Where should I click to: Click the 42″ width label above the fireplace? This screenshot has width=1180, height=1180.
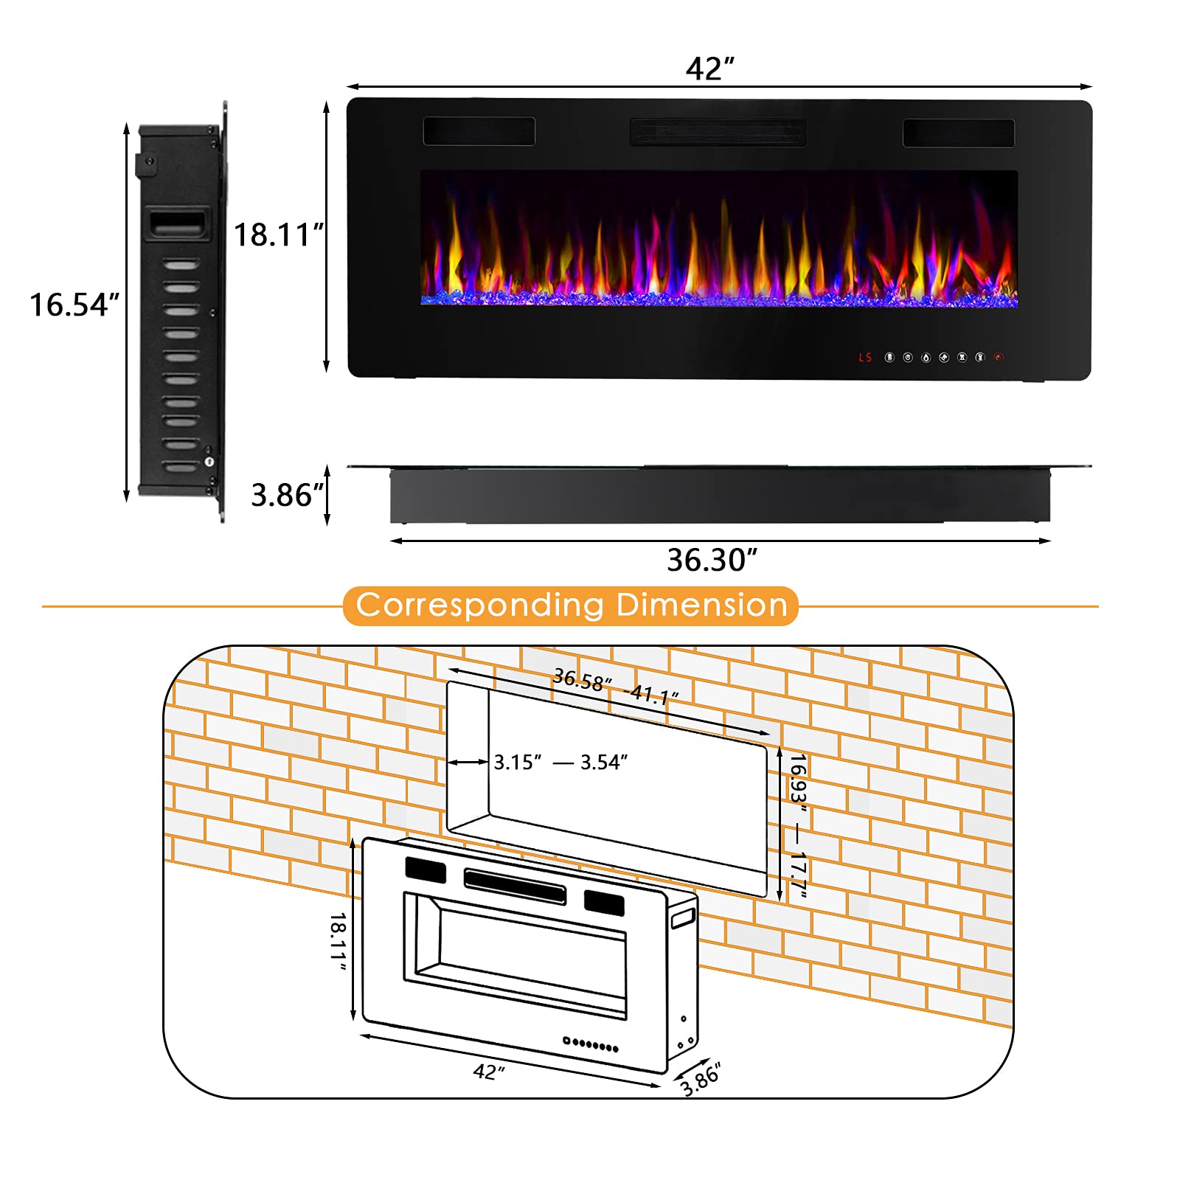(709, 69)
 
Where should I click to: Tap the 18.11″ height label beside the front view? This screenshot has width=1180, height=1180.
(279, 235)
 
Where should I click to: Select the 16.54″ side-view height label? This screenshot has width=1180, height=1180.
(74, 305)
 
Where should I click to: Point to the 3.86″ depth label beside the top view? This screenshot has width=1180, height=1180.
(287, 495)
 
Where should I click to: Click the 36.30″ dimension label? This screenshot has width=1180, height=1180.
(712, 560)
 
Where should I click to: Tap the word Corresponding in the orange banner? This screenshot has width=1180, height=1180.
(480, 605)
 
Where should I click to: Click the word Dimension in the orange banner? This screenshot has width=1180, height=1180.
(702, 605)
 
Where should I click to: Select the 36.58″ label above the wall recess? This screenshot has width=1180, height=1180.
(583, 680)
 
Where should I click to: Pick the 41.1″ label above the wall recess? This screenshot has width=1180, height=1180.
(652, 694)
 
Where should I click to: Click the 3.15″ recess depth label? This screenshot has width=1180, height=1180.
(518, 763)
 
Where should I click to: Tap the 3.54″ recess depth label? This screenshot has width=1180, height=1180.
(604, 763)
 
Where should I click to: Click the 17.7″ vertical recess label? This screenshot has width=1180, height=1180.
(798, 875)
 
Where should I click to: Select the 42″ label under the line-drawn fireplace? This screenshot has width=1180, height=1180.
(489, 1072)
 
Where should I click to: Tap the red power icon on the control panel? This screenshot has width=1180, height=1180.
(999, 358)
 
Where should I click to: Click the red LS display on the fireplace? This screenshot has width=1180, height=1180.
(865, 358)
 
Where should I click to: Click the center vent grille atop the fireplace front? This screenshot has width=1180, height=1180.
(717, 133)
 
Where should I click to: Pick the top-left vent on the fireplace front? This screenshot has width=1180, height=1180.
(479, 131)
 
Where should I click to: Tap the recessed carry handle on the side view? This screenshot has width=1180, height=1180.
(176, 223)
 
